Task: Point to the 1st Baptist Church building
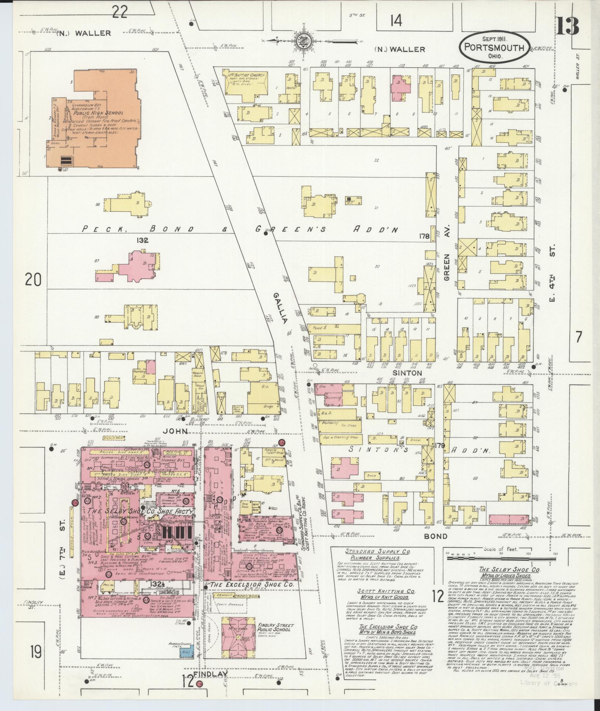246,86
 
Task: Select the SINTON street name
409,373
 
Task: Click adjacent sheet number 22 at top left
120,13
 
